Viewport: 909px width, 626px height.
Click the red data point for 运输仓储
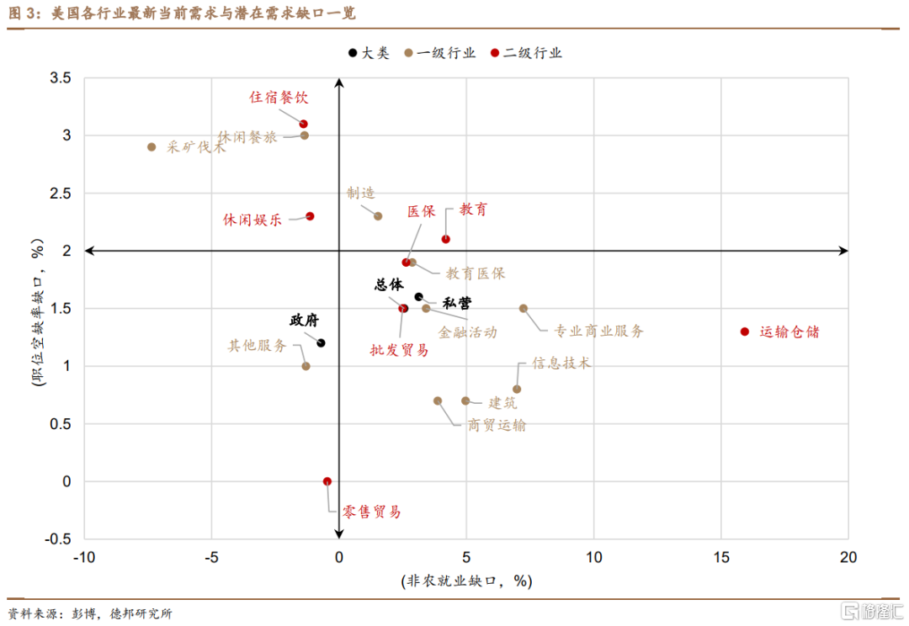[x=745, y=332]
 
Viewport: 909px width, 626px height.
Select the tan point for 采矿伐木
[x=151, y=146]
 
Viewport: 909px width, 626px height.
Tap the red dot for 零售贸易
[x=327, y=481]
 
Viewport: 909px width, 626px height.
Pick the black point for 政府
[x=321, y=342]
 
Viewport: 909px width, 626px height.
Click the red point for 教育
[x=446, y=239]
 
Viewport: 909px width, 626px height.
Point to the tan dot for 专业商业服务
[x=524, y=308]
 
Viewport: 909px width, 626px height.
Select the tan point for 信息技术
[x=517, y=389]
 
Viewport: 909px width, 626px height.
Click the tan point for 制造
[x=378, y=216]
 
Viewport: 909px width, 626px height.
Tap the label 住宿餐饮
[x=279, y=98]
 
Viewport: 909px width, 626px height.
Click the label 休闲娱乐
[x=252, y=220]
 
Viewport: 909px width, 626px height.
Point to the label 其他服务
[x=258, y=346]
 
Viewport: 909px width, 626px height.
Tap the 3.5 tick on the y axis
[x=61, y=78]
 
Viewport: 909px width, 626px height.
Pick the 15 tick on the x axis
[x=720, y=557]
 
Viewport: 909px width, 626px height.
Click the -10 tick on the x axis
[x=83, y=557]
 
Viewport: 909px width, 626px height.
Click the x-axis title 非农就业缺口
[x=467, y=581]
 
